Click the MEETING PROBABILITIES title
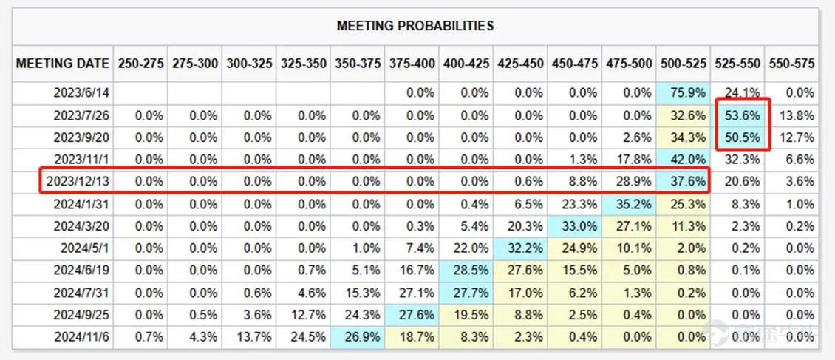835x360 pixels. (415, 26)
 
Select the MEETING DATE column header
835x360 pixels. (63, 64)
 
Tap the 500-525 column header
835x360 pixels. (683, 64)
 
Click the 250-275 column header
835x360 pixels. (140, 64)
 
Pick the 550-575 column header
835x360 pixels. (791, 64)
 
